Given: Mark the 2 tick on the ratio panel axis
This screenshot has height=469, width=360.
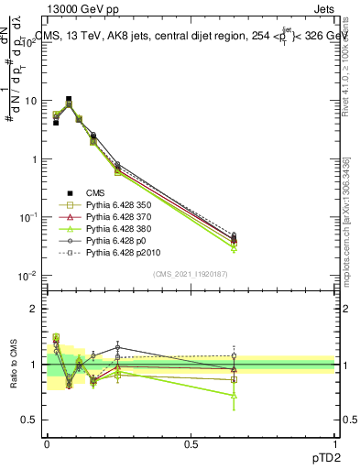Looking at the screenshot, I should pos(34,309).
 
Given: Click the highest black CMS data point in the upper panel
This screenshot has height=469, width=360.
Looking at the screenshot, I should pos(69,99).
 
